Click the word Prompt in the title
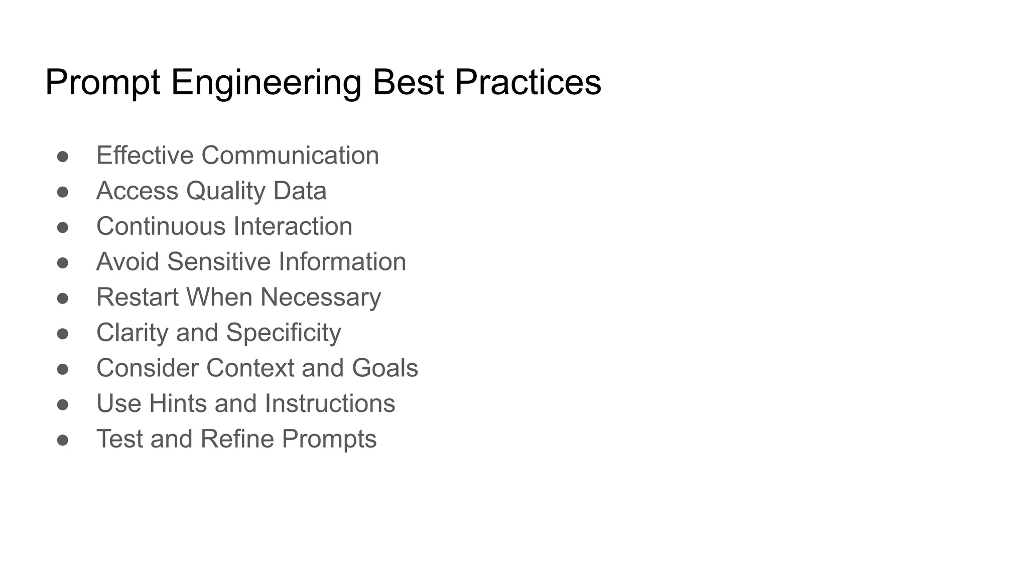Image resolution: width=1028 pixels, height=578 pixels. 102,83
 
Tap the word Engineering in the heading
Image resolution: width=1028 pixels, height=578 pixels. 266,83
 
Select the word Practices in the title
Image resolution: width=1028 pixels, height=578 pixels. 528,83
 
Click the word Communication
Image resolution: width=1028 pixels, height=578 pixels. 290,156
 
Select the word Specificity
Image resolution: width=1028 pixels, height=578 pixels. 283,333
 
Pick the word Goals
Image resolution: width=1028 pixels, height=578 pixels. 385,368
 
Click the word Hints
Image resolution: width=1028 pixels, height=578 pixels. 178,403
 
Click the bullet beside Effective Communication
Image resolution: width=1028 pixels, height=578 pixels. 63,157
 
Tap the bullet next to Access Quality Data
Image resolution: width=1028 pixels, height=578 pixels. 63,192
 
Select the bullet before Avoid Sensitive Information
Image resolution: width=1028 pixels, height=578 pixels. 63,263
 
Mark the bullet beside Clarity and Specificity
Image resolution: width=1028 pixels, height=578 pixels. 63,334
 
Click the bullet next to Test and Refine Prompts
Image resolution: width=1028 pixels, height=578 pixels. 63,440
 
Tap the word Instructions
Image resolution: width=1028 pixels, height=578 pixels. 330,403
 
